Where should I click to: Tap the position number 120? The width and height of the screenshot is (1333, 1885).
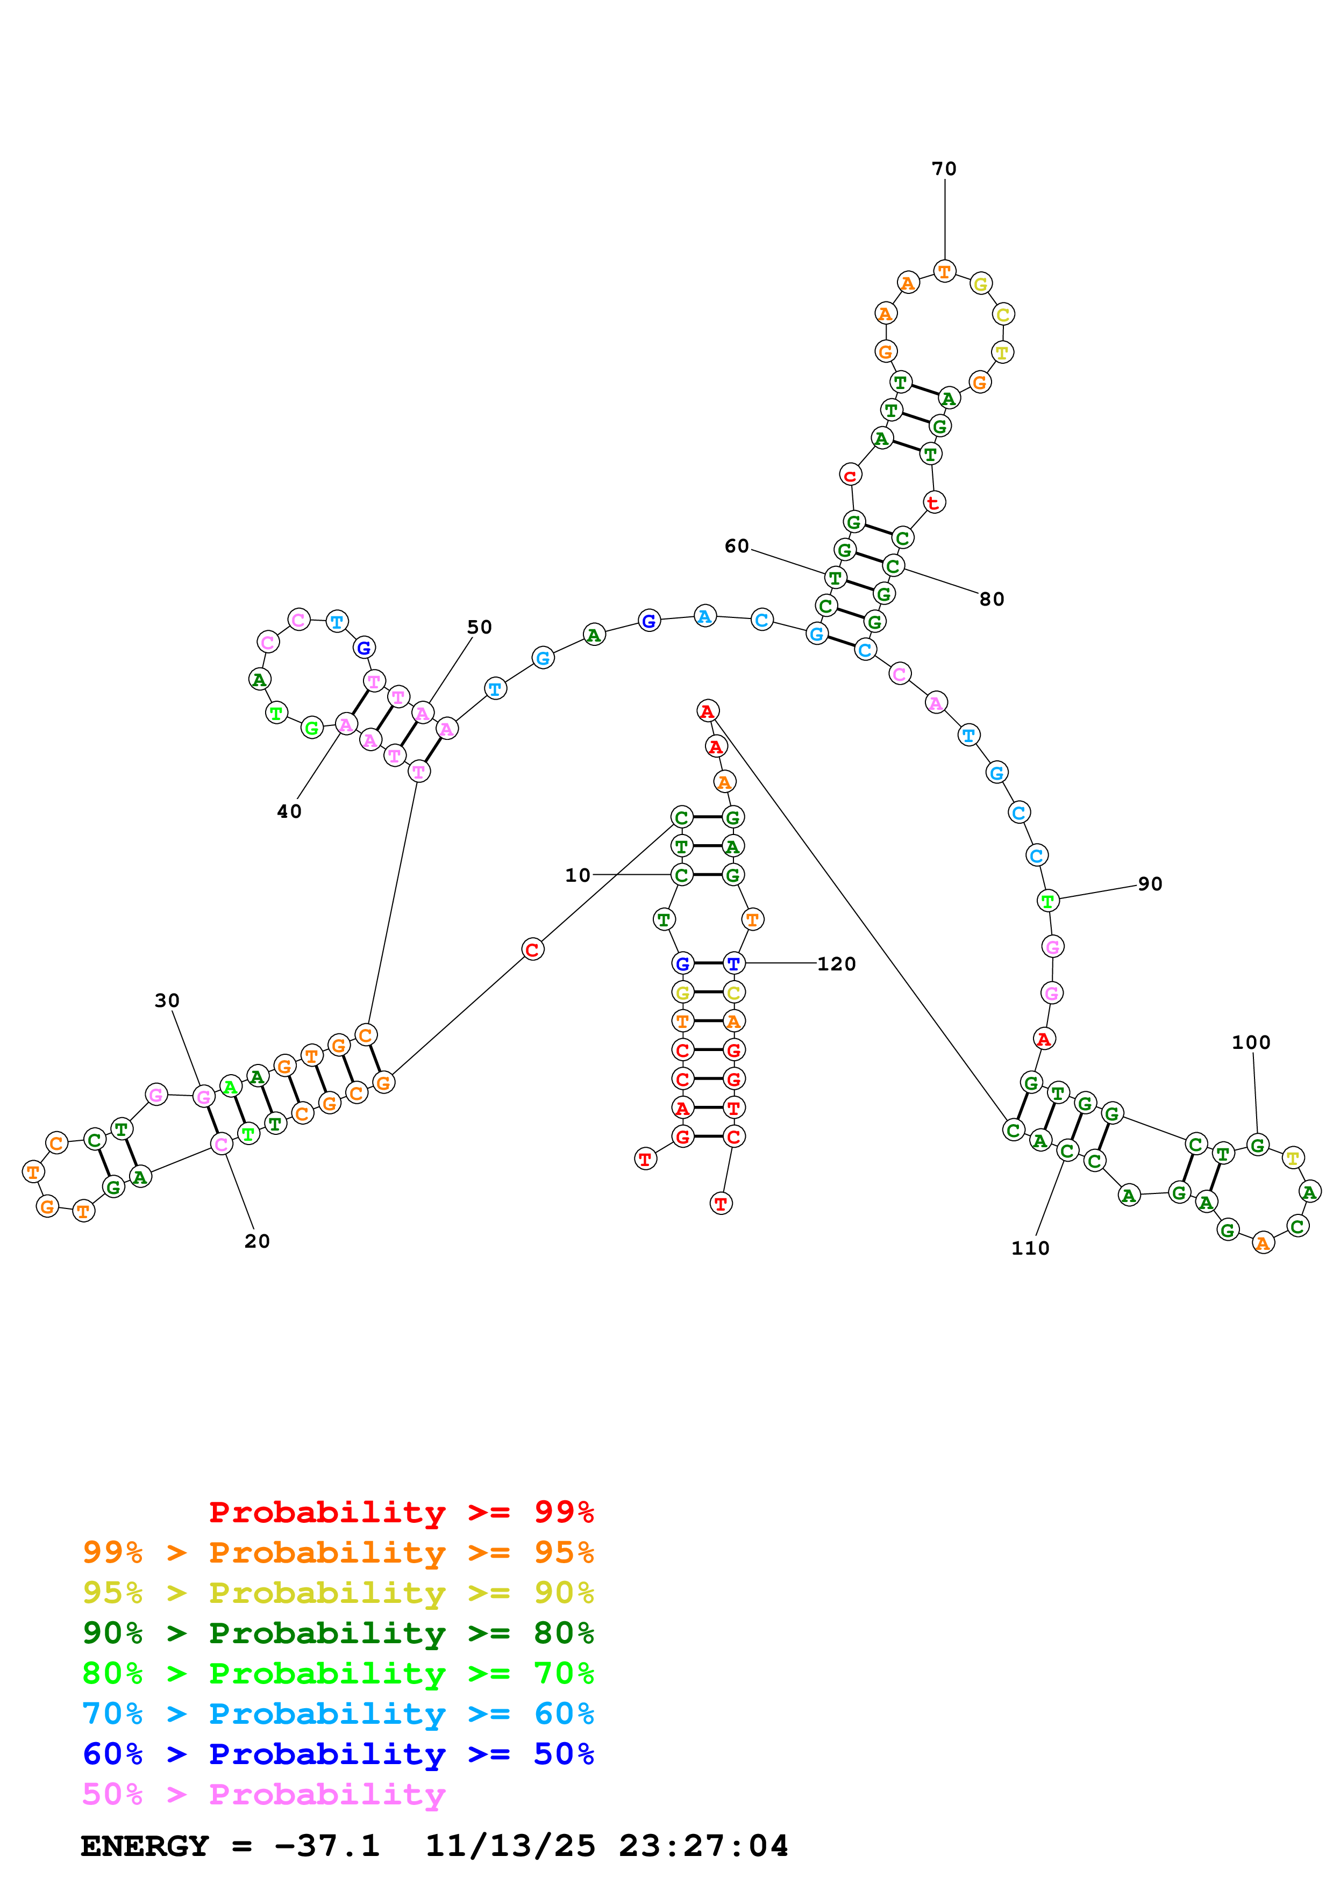point(836,964)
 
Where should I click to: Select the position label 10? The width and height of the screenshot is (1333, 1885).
point(578,875)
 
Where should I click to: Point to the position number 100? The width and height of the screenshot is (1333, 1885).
point(1251,1042)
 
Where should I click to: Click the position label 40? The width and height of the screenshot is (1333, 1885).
point(289,811)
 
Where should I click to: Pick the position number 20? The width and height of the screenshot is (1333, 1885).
point(257,1241)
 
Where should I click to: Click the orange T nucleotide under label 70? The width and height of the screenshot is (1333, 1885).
point(945,271)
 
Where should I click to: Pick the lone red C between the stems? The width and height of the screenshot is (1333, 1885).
point(532,950)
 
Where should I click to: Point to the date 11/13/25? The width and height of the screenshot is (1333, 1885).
point(509,1846)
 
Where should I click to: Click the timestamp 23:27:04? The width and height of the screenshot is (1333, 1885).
point(703,1846)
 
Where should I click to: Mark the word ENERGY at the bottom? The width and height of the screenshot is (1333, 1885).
point(145,1846)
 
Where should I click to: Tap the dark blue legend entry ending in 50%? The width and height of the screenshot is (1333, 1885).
point(338,1754)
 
